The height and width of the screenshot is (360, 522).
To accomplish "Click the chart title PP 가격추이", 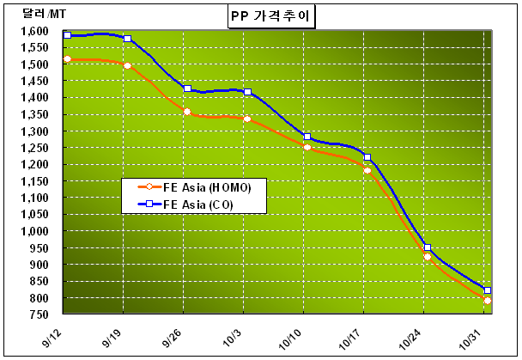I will tap(260, 15).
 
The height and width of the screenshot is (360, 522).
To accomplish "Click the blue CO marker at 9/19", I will tap(127, 39).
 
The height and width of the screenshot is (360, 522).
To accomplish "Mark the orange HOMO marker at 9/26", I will tap(187, 112).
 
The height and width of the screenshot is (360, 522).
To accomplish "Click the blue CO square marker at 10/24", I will tap(428, 247).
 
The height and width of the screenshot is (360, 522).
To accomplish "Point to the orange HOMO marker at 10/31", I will tap(488, 301).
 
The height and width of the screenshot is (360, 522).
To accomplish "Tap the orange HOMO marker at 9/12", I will tap(67, 59).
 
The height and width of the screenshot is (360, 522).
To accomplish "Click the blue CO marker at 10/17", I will tap(367, 157).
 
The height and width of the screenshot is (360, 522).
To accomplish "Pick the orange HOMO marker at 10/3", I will tap(247, 119).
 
